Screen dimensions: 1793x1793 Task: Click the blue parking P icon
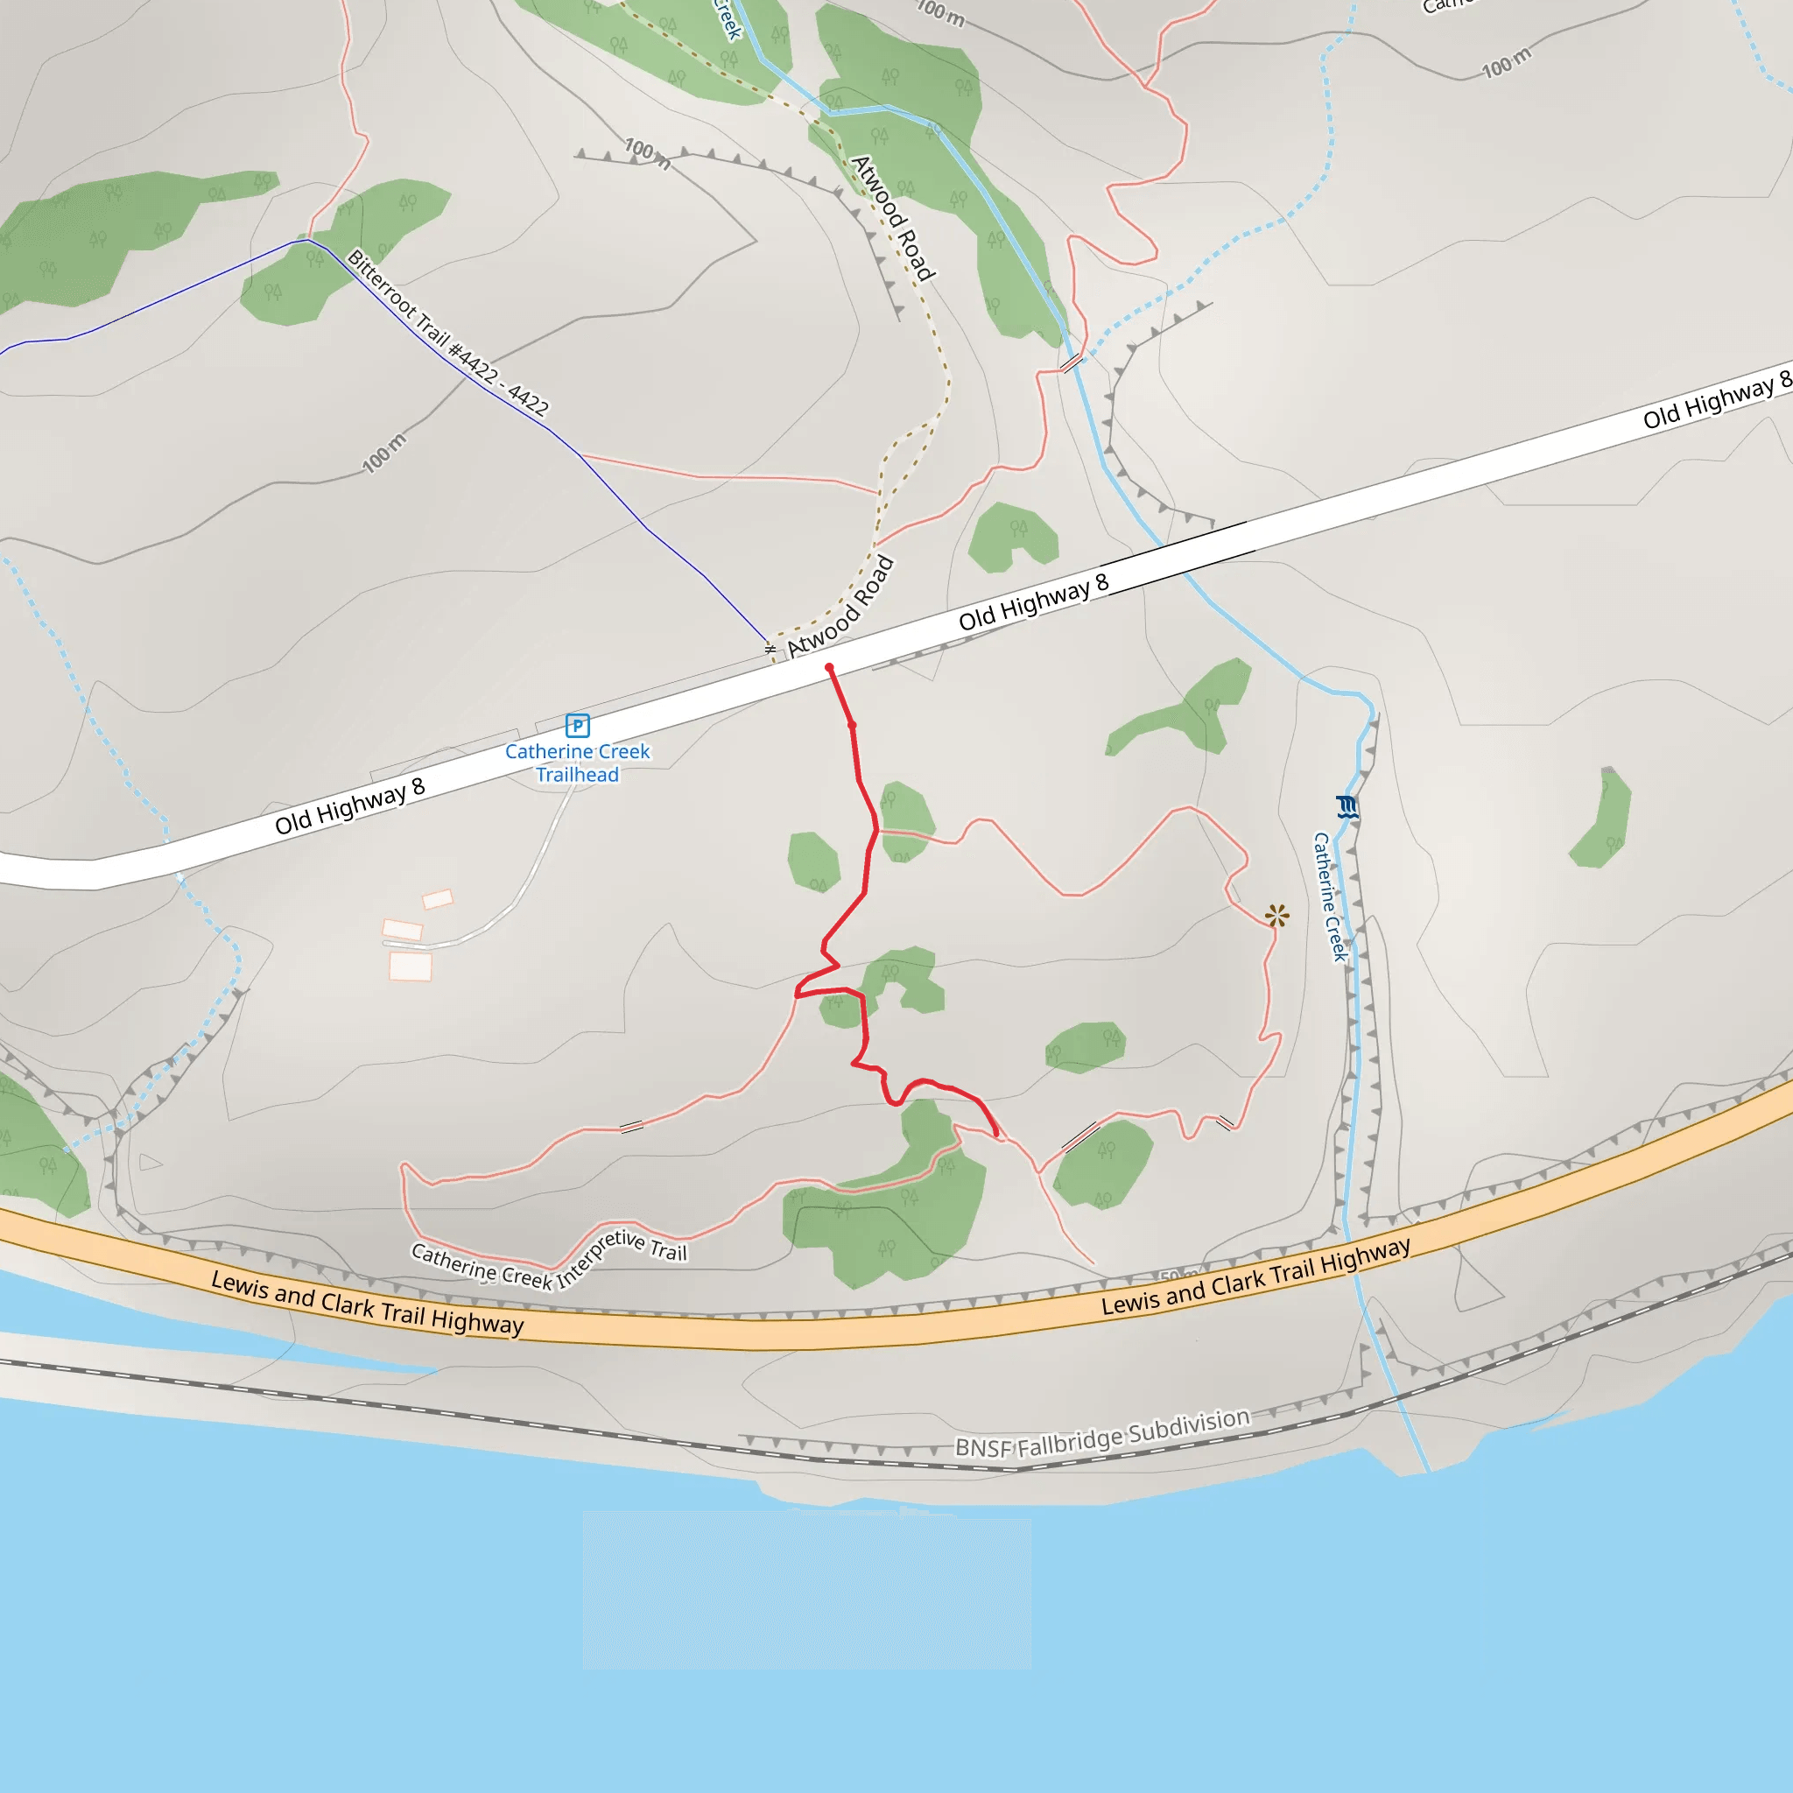(577, 725)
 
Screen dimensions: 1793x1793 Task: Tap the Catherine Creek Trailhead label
(577, 763)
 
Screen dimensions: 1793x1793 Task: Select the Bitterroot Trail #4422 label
(447, 331)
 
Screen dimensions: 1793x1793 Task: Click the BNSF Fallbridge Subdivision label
(1102, 1434)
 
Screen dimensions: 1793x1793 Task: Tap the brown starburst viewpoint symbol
(1277, 916)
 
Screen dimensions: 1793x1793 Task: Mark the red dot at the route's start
(829, 668)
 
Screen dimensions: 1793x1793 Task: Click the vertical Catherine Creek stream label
(1330, 896)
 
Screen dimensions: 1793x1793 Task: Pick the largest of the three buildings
(411, 967)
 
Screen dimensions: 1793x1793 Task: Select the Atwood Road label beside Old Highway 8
(840, 606)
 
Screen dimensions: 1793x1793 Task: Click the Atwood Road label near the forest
(893, 218)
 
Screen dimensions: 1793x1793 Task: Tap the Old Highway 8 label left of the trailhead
(350, 806)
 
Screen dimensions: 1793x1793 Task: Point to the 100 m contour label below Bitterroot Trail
(384, 453)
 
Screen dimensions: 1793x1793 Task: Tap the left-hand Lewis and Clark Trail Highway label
(368, 1302)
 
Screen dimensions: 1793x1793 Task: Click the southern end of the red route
(996, 1133)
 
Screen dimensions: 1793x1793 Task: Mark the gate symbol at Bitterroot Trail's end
(770, 649)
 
